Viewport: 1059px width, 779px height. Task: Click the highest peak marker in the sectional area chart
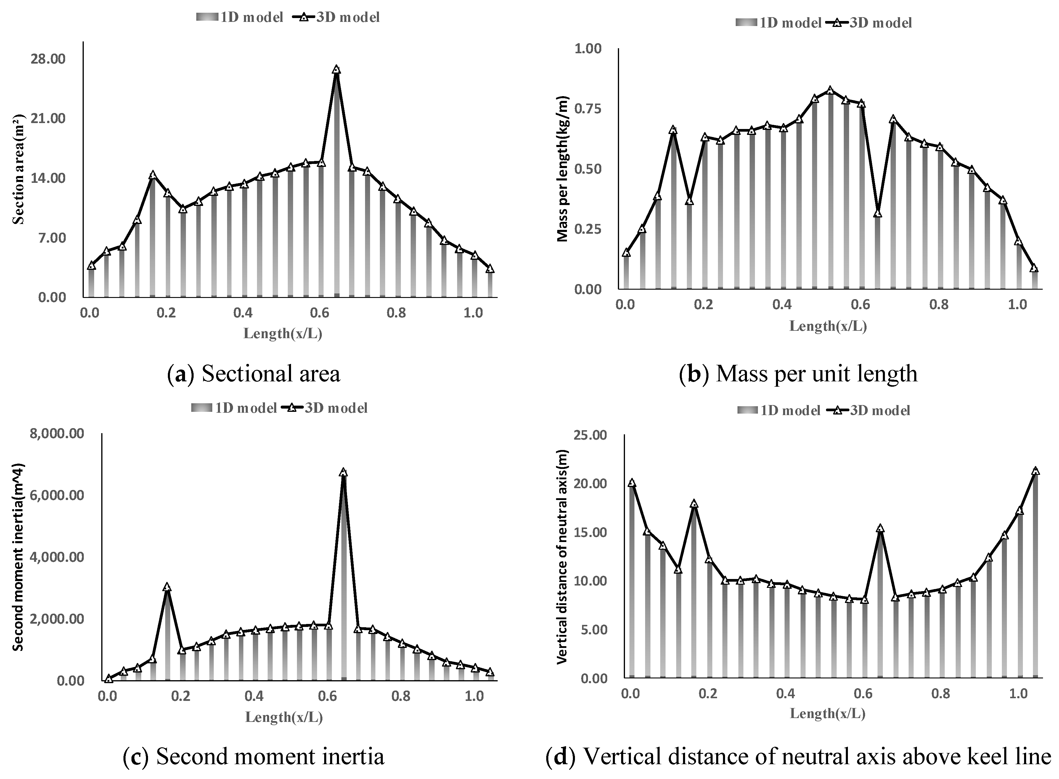point(336,69)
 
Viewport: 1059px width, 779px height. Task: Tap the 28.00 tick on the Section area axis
point(48,59)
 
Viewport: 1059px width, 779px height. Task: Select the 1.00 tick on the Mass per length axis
point(588,49)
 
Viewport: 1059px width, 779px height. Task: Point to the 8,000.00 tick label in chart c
point(57,433)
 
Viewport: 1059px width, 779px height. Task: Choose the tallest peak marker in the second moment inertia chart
point(343,472)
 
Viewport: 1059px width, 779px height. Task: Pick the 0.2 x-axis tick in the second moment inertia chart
point(181,696)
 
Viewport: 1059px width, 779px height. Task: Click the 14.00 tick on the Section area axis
point(48,178)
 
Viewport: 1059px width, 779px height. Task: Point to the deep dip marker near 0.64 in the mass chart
point(877,213)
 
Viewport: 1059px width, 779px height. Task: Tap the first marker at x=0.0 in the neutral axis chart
point(632,482)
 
